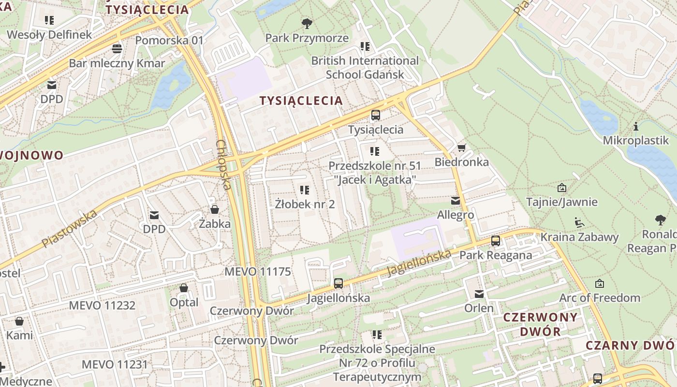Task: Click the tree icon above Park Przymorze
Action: (x=307, y=23)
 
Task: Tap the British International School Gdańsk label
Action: (x=365, y=67)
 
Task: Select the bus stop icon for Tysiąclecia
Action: (x=376, y=115)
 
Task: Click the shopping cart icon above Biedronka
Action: (x=462, y=147)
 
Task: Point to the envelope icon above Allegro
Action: (x=455, y=200)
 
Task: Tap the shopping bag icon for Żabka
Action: (x=215, y=209)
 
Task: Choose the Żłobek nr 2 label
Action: (x=305, y=204)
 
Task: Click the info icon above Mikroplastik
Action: (x=636, y=127)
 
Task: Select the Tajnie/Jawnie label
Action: (x=561, y=202)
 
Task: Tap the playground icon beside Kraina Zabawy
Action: (x=579, y=223)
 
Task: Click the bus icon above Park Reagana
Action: (x=496, y=240)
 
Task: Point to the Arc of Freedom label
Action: (x=600, y=298)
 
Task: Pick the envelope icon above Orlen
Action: (x=479, y=294)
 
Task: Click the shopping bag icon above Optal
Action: (x=184, y=288)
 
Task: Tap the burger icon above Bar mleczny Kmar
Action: (x=117, y=48)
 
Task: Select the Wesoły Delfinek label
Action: (x=49, y=34)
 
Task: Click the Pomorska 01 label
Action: (x=169, y=40)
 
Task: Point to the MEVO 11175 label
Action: (x=258, y=271)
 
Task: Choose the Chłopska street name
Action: (x=223, y=164)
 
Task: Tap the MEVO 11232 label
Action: (x=102, y=305)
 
